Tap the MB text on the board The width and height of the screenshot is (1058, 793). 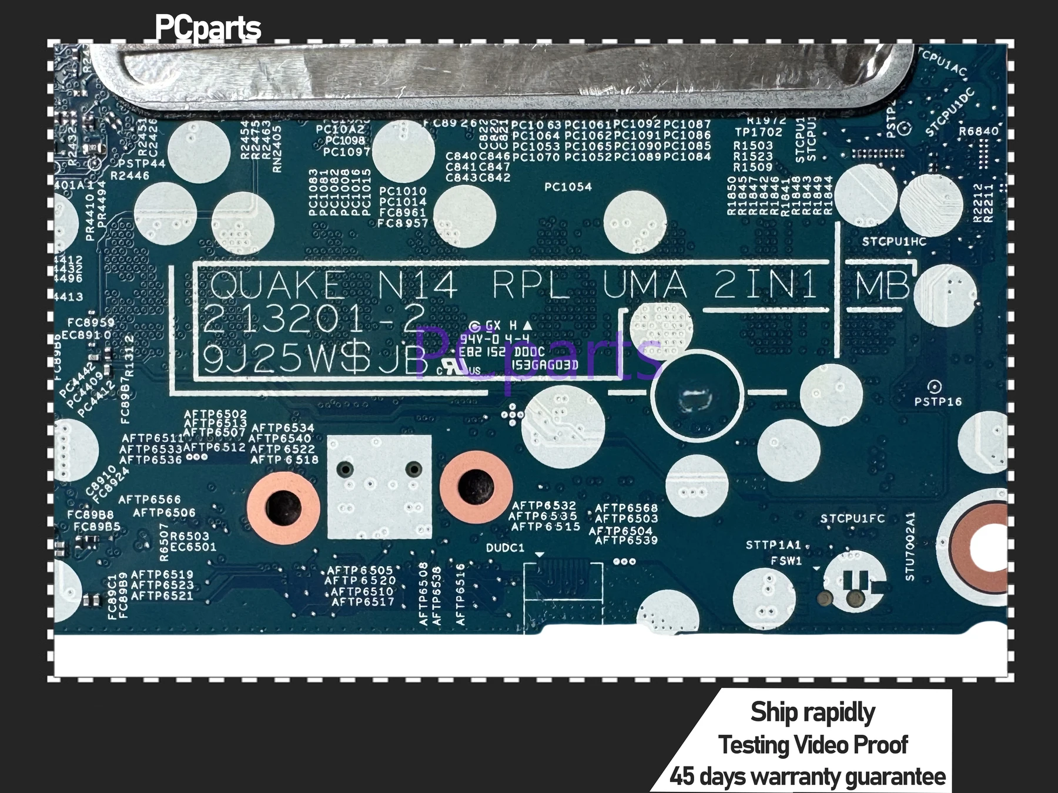882,286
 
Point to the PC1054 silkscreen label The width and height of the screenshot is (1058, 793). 568,187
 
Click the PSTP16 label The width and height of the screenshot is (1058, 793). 938,402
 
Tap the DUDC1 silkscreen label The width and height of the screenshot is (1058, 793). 505,548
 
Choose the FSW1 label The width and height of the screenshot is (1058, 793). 786,561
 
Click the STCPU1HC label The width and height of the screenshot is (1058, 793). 894,242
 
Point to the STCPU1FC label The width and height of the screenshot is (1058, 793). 852,519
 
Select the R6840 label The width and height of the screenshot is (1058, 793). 979,132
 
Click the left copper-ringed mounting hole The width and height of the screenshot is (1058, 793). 283,509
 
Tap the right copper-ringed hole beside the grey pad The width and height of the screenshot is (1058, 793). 476,487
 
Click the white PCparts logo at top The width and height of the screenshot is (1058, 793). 207,28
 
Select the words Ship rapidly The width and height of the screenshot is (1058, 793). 812,712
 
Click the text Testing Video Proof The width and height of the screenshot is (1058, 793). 813,745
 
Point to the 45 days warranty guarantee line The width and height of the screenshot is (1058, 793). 808,777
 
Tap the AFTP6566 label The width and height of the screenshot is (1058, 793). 149,500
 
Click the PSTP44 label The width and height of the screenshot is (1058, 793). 142,163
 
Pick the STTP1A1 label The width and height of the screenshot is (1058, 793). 774,545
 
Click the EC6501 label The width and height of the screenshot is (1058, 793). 193,547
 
